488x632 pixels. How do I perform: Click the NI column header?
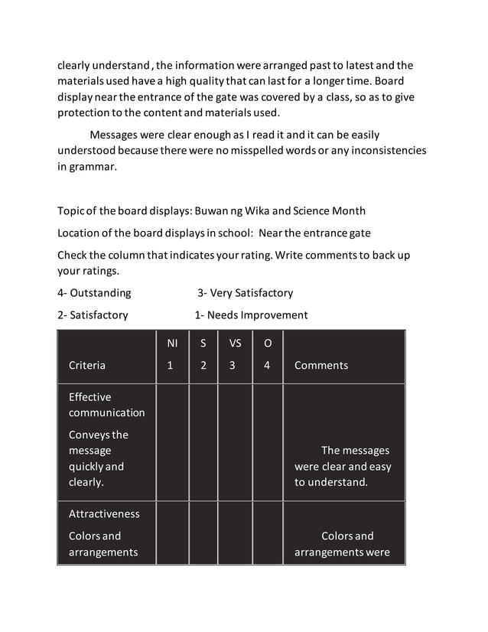click(172, 344)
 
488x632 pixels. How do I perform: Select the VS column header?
click(235, 344)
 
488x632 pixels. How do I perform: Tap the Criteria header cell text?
click(87, 366)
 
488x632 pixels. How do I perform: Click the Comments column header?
click(321, 366)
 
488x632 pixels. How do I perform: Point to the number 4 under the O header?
click(267, 366)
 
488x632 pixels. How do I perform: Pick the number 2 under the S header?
click(203, 366)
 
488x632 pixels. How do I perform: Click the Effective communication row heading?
click(106, 405)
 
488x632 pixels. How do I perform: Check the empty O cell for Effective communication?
click(267, 442)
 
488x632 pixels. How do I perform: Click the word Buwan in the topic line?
click(212, 211)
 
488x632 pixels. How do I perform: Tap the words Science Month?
click(330, 211)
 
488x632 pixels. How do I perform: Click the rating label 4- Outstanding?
click(94, 293)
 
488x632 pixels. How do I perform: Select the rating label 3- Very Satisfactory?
click(246, 293)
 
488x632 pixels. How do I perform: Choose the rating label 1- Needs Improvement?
click(251, 315)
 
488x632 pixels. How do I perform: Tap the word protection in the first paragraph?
click(88, 112)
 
